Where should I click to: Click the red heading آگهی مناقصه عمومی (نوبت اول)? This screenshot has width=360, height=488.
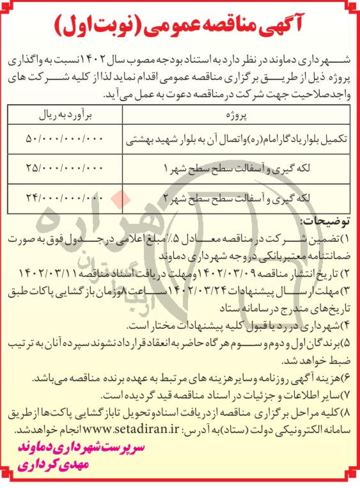point(180,25)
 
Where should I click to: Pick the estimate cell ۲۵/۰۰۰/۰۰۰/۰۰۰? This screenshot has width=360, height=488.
point(64,168)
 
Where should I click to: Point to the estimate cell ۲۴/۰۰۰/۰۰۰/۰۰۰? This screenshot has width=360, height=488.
point(64,197)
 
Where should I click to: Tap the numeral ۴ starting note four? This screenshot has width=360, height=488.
point(348,325)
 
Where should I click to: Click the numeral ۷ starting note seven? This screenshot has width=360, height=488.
point(348,390)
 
